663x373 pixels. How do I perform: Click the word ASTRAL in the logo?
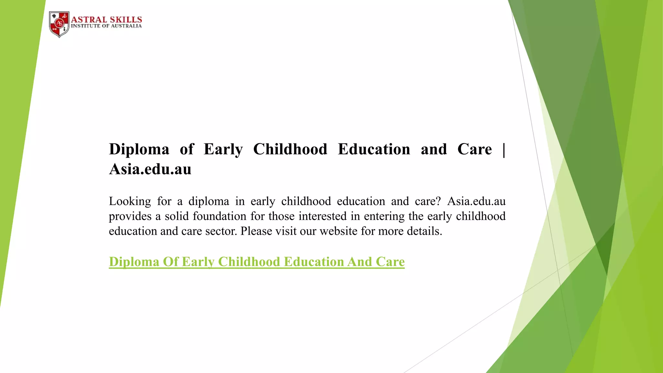(x=89, y=19)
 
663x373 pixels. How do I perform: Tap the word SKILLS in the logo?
(x=126, y=19)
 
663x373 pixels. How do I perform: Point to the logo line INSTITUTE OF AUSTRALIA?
(x=106, y=26)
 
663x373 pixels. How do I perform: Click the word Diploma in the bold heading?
(x=139, y=149)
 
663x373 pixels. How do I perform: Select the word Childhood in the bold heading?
(x=290, y=149)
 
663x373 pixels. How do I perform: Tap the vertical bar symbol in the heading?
(x=504, y=149)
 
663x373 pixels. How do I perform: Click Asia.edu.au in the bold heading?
(x=150, y=169)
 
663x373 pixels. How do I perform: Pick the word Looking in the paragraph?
(x=130, y=201)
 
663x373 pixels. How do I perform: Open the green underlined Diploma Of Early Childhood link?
(x=257, y=262)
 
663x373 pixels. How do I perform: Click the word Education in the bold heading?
(x=374, y=149)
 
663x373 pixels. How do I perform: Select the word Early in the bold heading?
(x=223, y=149)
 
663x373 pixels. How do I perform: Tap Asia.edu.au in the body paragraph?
(x=476, y=201)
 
